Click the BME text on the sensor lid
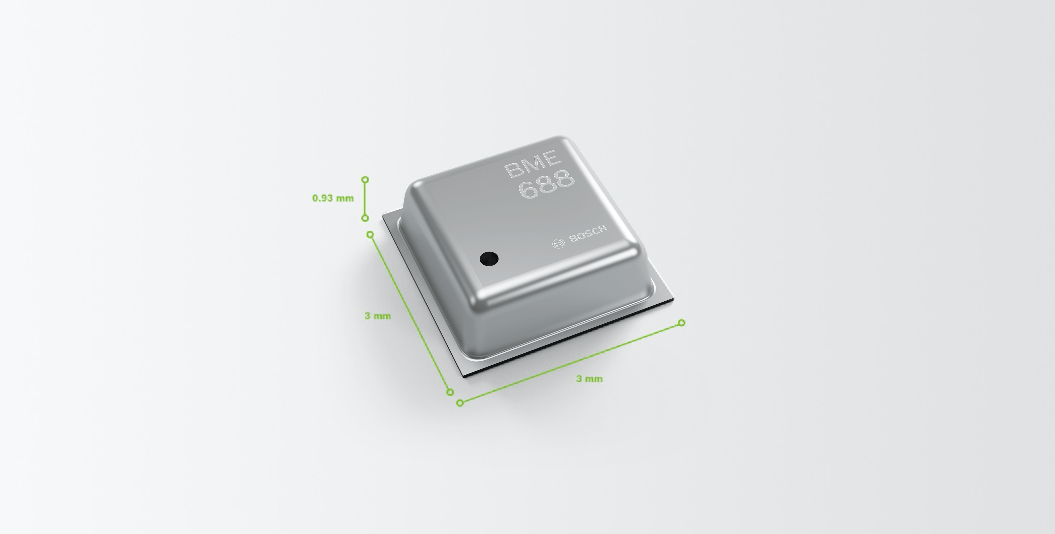tap(533, 164)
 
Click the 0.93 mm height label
tap(333, 198)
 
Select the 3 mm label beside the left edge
tap(377, 316)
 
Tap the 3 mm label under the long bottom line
tap(589, 379)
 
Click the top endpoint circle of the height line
tap(365, 180)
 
